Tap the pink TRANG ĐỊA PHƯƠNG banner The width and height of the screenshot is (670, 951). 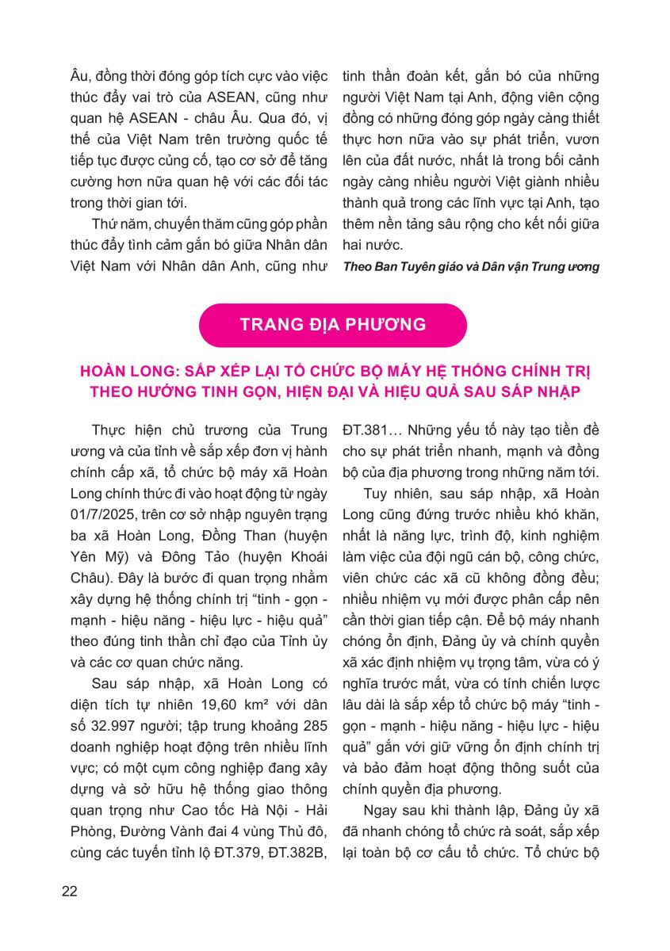tap(333, 324)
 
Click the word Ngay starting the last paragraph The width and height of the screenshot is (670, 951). tap(381, 809)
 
